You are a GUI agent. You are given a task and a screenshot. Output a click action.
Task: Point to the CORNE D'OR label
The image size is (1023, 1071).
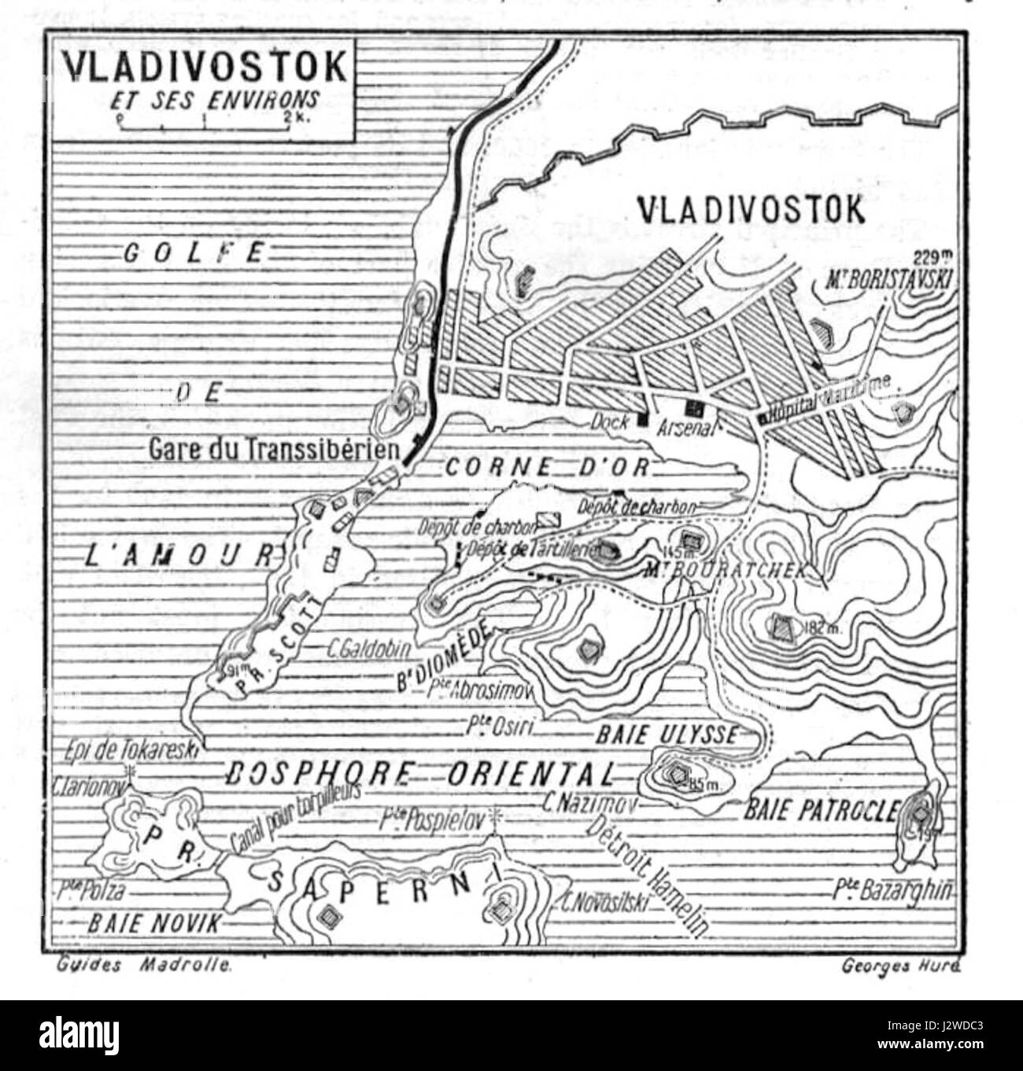(548, 467)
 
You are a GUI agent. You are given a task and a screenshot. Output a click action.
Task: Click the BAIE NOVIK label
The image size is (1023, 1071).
(154, 923)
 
